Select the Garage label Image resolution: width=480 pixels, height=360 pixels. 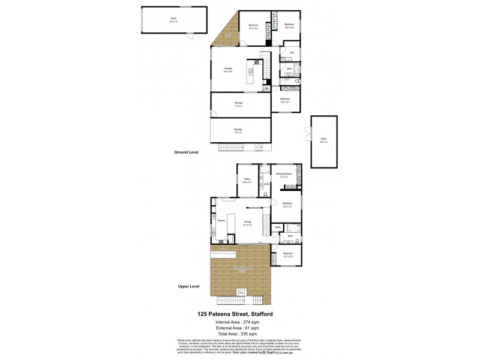(238, 131)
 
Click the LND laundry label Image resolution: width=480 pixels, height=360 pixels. (291, 53)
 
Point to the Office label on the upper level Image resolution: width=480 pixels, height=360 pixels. (247, 179)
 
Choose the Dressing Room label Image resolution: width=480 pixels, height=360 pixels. (284, 175)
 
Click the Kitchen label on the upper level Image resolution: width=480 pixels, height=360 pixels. (221, 221)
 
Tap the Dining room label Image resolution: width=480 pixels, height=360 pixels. (248, 223)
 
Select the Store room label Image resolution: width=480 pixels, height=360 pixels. (278, 227)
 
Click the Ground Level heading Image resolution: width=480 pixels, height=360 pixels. (186, 152)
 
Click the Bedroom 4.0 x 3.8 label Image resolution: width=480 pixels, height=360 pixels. (253, 26)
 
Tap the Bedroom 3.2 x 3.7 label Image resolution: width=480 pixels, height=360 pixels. (284, 100)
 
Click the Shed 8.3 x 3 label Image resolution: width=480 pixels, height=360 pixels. (173, 20)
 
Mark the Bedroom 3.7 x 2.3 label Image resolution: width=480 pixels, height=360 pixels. (289, 255)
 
